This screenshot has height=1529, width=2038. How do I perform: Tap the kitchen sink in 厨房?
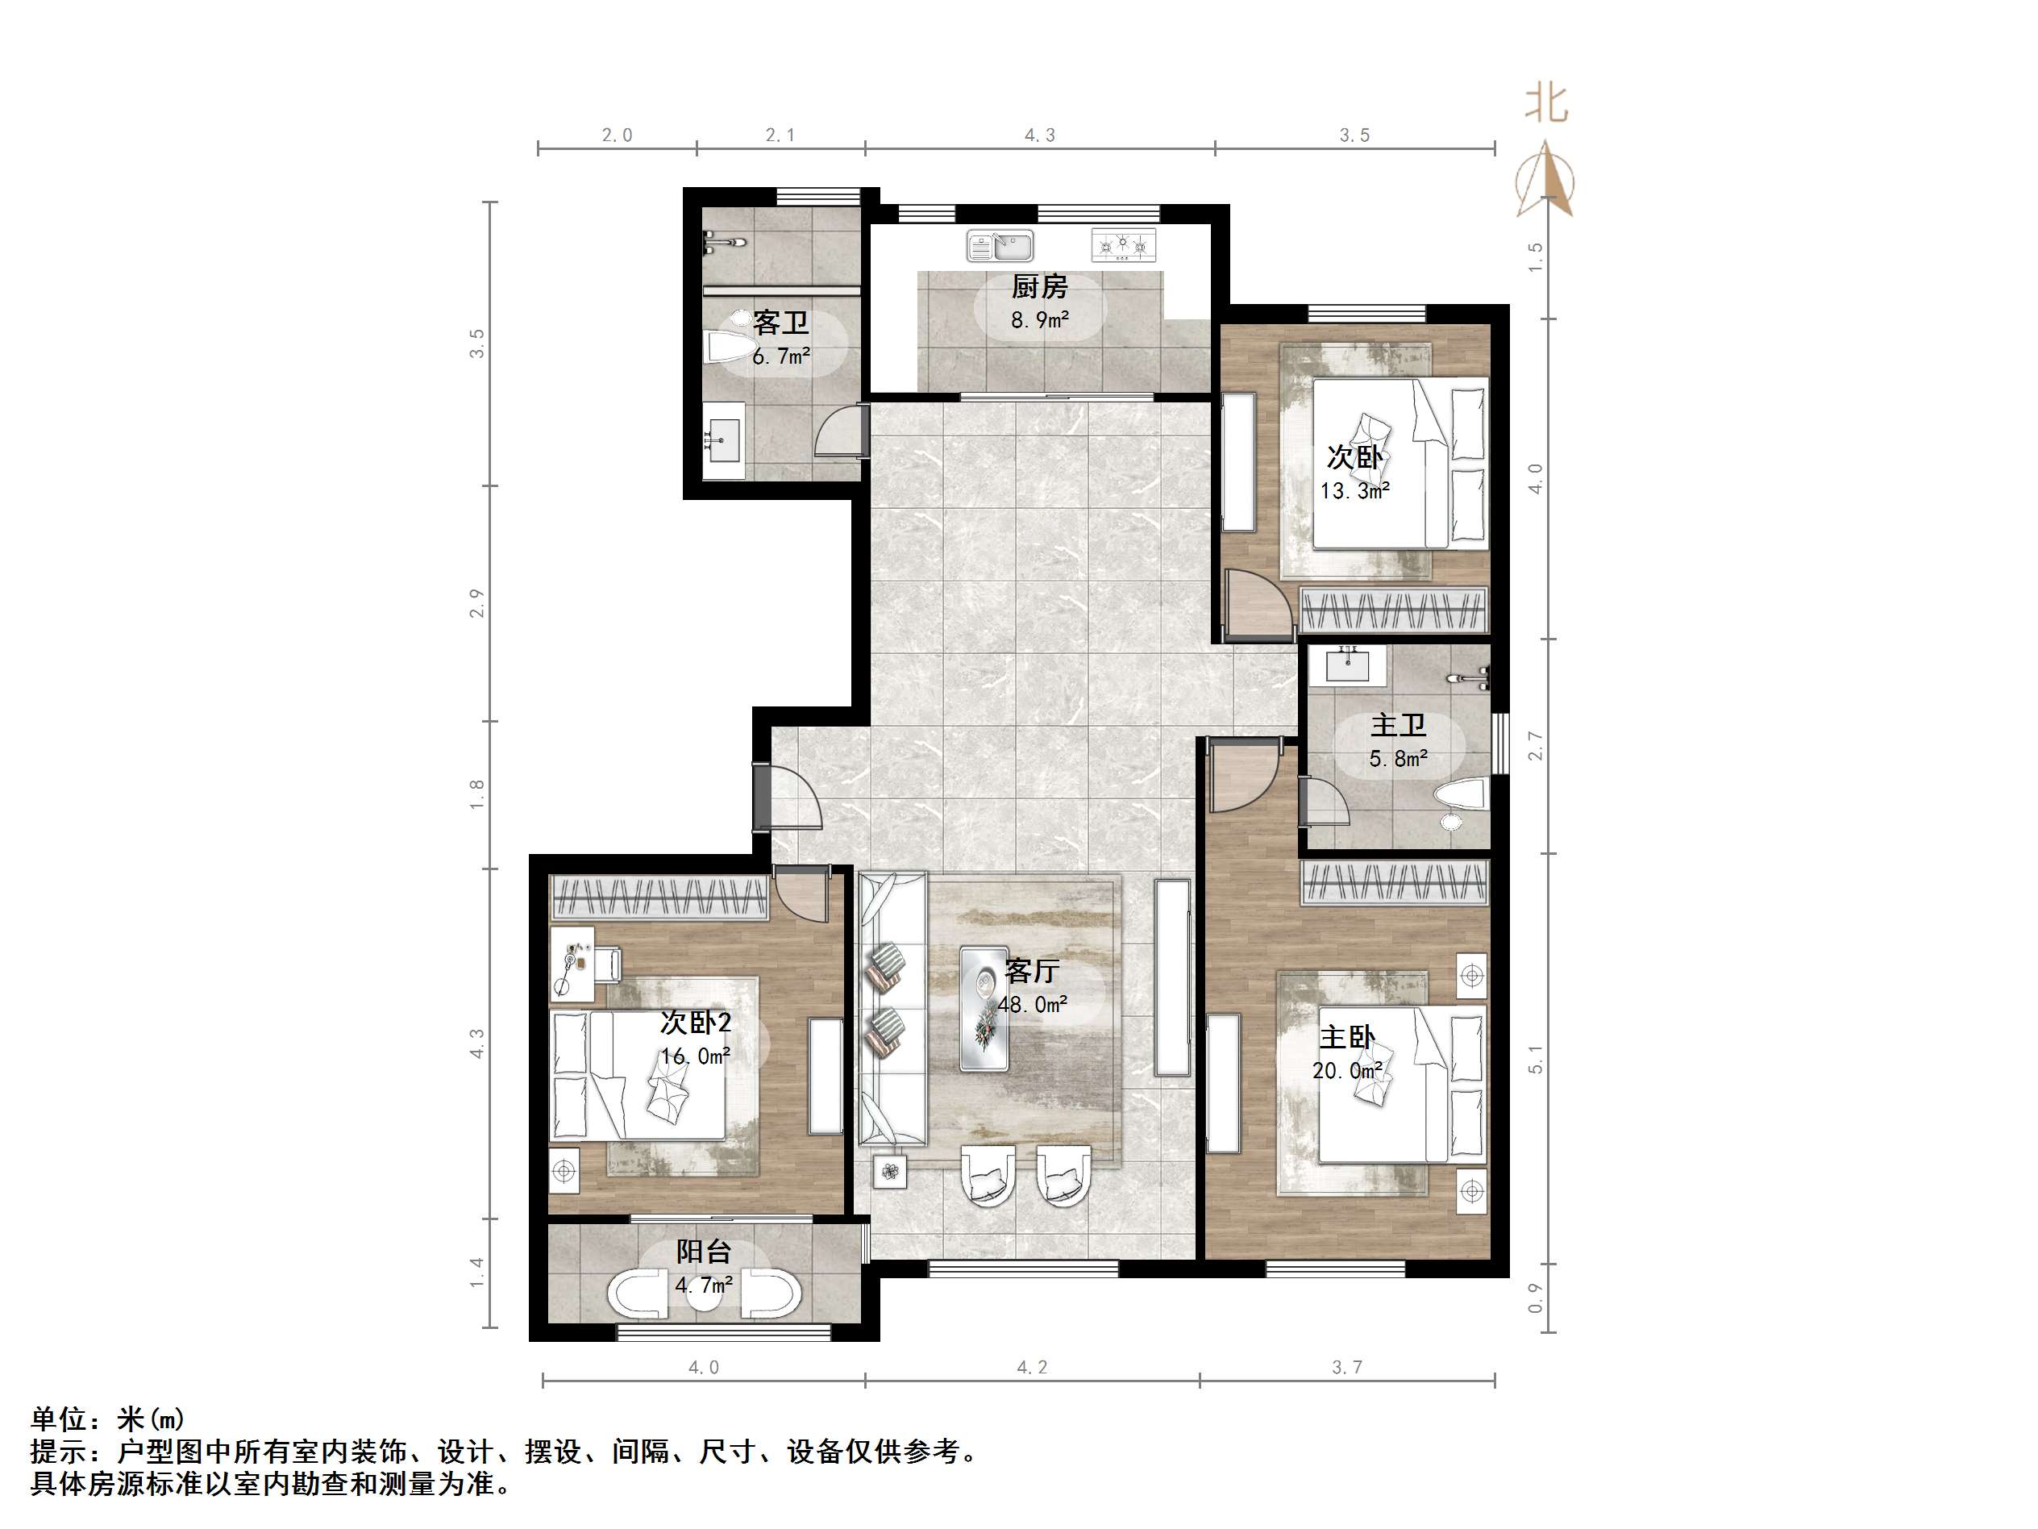click(1000, 247)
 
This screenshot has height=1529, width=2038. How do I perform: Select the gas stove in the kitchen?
click(1123, 245)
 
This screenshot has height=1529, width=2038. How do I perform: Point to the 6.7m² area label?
click(781, 356)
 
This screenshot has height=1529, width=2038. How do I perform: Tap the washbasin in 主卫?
click(1348, 665)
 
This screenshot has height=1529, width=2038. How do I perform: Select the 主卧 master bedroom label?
click(1347, 1038)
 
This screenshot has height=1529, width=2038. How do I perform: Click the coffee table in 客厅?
click(984, 1008)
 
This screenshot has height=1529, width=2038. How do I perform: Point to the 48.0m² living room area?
click(1032, 1006)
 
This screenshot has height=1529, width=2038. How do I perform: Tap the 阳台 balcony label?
click(704, 1252)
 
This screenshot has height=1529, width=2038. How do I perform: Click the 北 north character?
click(1546, 103)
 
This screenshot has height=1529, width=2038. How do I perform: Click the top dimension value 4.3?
click(1039, 135)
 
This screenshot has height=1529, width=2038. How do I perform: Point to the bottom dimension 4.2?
click(1032, 1368)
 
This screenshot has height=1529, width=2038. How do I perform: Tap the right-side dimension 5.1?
click(1535, 1060)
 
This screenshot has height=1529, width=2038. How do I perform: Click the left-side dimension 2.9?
click(476, 604)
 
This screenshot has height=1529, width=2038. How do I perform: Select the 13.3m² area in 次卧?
click(1354, 491)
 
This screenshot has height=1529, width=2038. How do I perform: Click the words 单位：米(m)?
click(108, 1419)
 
